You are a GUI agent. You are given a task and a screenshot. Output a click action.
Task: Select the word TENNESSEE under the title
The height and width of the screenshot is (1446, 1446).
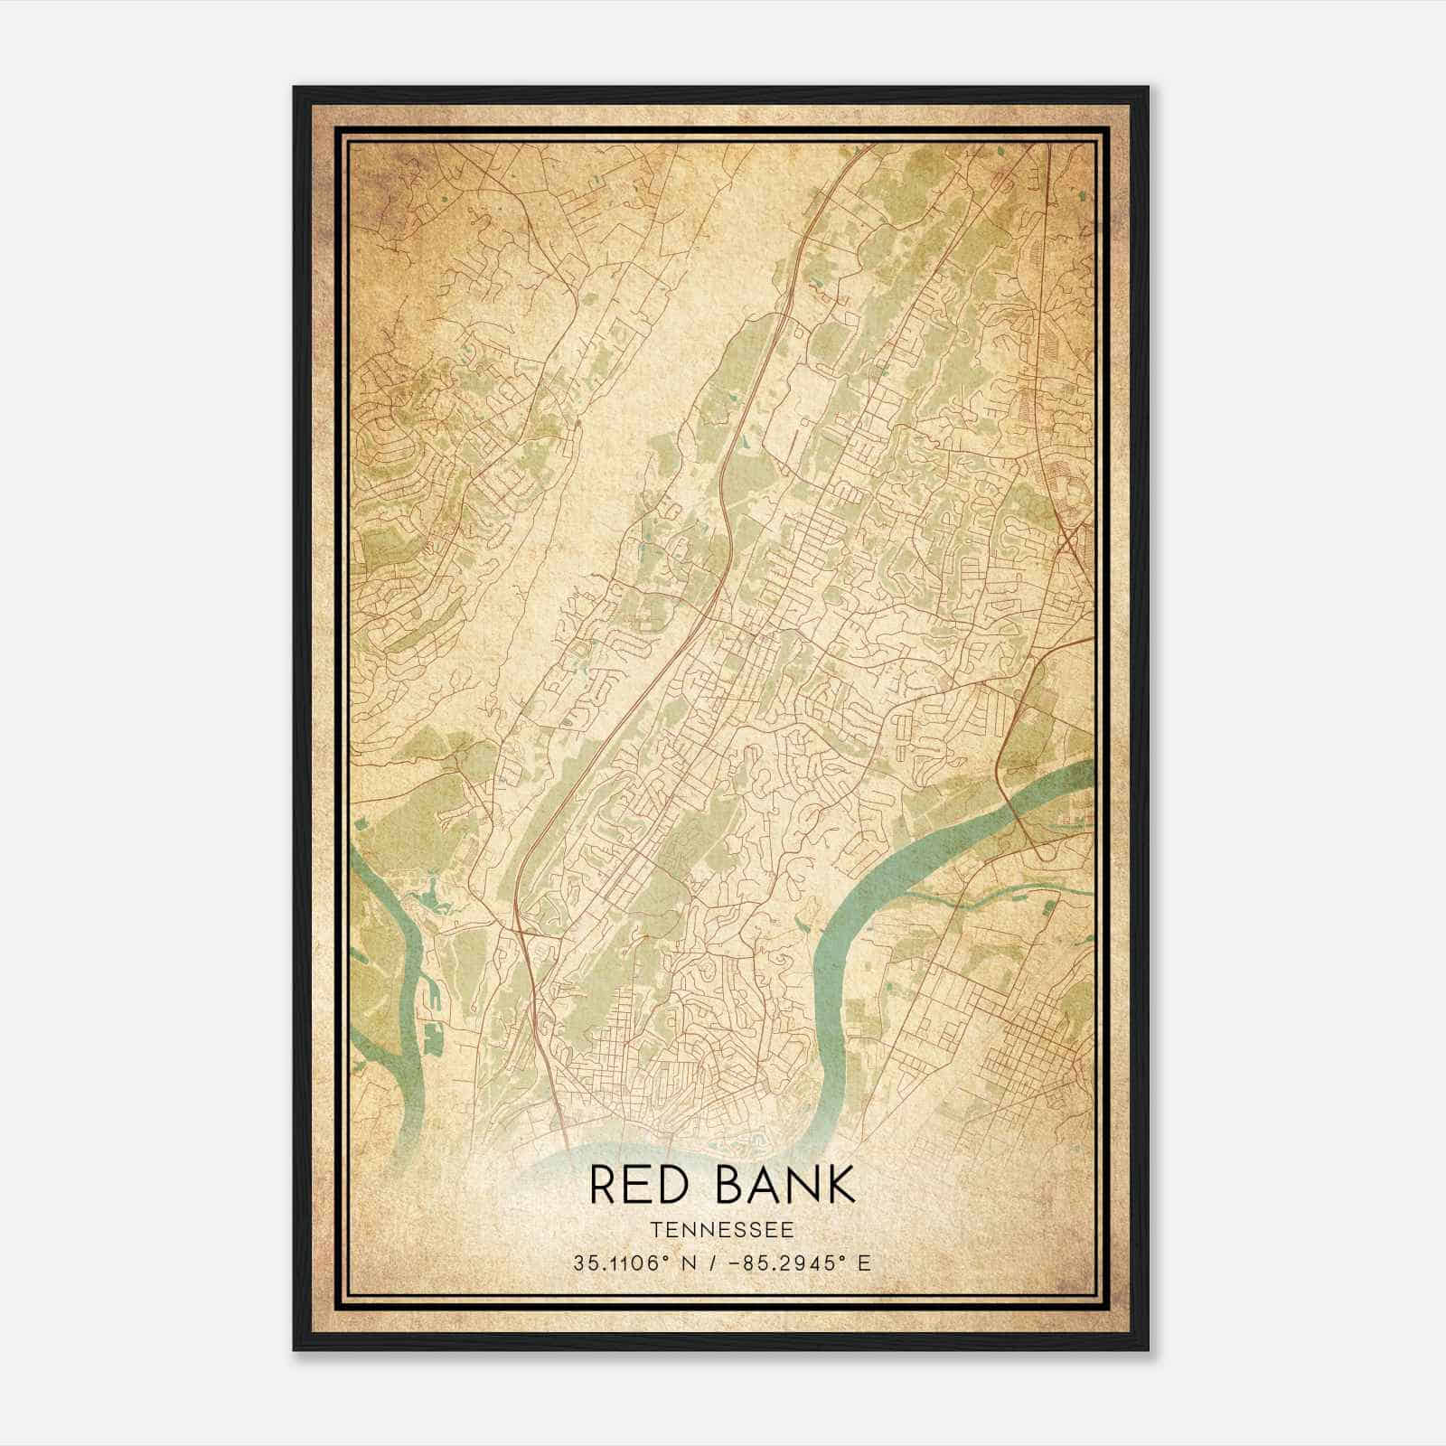coord(721,1230)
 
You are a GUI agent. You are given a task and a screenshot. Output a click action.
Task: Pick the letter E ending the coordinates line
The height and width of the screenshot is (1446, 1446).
coord(865,1263)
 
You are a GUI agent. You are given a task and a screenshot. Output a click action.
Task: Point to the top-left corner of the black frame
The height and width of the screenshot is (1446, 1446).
coord(295,88)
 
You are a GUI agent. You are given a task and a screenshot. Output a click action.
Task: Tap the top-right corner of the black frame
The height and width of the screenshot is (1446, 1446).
coord(1148,88)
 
